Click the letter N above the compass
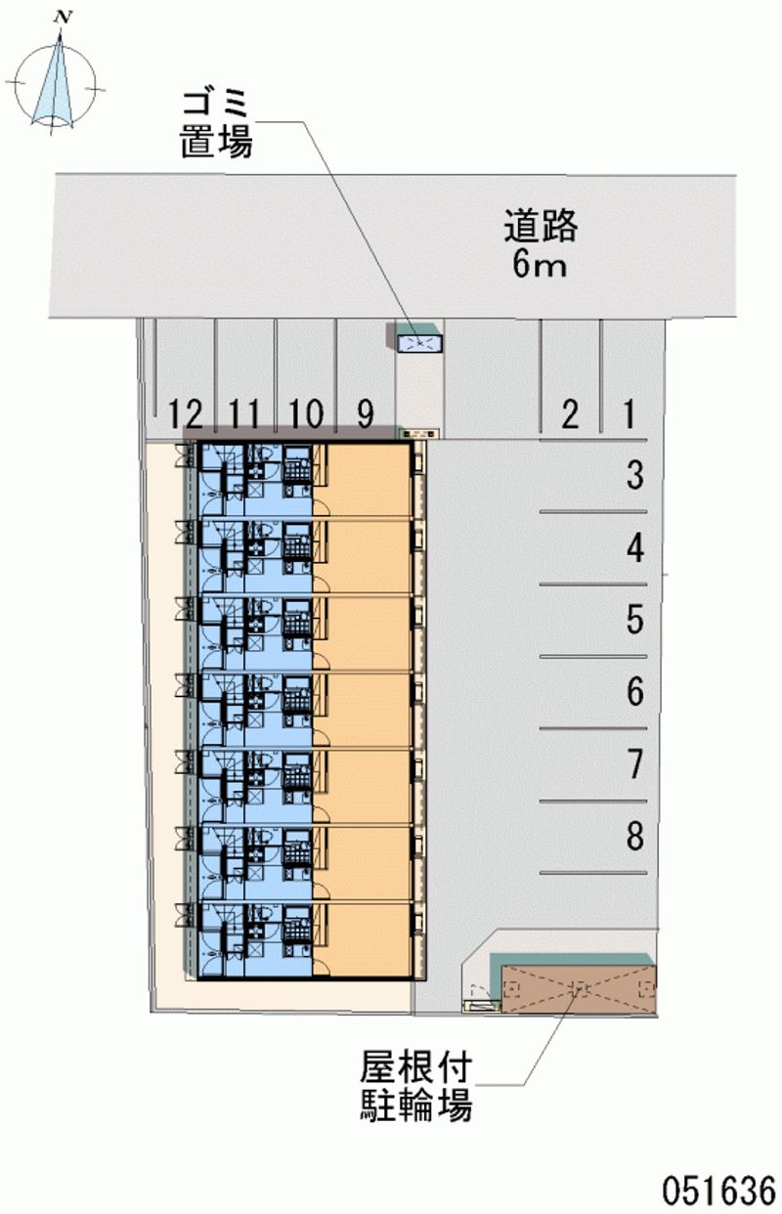[64, 18]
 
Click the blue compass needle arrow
[53, 81]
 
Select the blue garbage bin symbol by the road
[419, 344]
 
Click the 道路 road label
[541, 227]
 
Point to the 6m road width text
[540, 265]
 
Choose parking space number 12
[186, 414]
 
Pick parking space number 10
[306, 414]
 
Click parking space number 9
[366, 414]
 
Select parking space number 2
[570, 415]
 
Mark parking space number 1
[630, 415]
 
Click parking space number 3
[635, 475]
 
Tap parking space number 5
[635, 620]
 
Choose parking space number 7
[635, 764]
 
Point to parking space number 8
[635, 836]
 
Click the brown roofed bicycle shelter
[579, 989]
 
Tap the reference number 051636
[719, 1191]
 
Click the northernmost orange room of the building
[361, 480]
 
